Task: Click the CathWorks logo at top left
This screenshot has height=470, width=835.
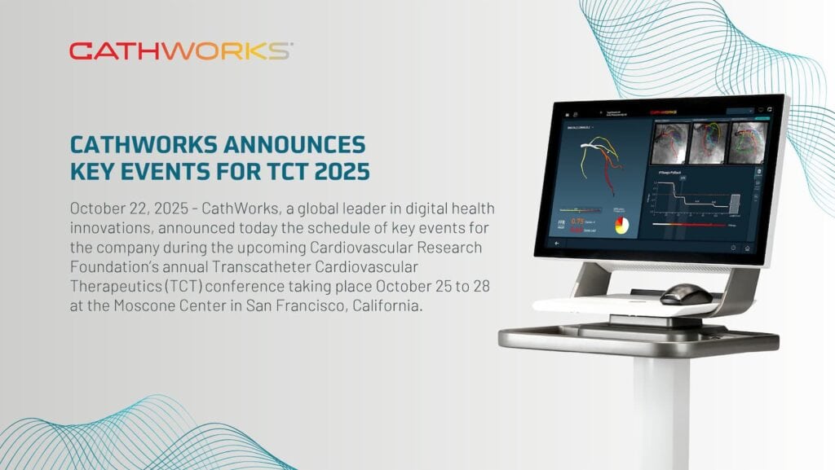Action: [180, 51]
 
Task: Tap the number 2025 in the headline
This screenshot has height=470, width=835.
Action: [335, 172]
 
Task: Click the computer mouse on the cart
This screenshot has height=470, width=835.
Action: [686, 293]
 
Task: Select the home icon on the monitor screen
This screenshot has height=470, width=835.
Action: [747, 248]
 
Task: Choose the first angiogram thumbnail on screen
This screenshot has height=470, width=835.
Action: [670, 143]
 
